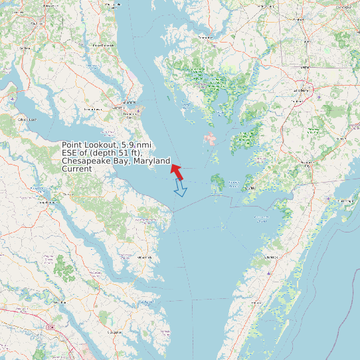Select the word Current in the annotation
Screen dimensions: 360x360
(x=77, y=169)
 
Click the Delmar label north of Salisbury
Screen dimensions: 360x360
(x=305, y=67)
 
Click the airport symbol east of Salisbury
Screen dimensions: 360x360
(x=319, y=97)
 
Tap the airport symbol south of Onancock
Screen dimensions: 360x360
(x=268, y=271)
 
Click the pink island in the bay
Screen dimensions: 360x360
(x=210, y=139)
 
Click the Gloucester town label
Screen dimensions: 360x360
(x=114, y=331)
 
